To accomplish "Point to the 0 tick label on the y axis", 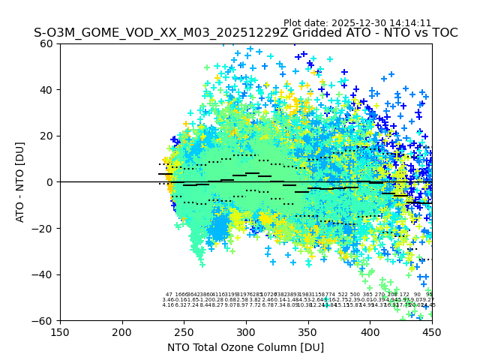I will (51, 182).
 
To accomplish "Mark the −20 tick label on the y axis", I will (45, 228).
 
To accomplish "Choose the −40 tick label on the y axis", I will (45, 274).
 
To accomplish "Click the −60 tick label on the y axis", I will (45, 320).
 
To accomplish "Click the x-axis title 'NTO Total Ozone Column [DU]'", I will (246, 347).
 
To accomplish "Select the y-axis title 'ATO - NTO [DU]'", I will (21, 182).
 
